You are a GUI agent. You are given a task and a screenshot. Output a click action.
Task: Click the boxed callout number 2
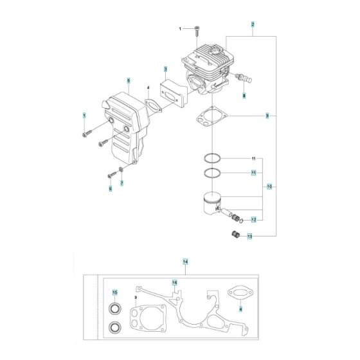(253, 24)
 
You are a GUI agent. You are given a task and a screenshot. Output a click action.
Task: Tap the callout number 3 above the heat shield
(165, 69)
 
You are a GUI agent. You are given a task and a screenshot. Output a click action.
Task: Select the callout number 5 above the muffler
(129, 81)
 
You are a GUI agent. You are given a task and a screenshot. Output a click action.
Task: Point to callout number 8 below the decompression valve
(244, 96)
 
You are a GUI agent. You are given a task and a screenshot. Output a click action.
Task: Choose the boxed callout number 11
(253, 173)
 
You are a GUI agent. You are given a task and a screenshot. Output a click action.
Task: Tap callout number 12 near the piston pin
(253, 220)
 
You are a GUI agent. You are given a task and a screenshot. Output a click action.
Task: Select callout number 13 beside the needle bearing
(249, 237)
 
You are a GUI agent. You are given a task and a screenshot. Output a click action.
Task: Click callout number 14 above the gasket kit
(185, 262)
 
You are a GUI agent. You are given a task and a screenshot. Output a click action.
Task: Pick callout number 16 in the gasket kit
(174, 283)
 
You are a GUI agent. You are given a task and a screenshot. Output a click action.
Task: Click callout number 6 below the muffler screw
(110, 188)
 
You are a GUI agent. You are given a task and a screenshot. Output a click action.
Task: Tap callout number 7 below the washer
(121, 183)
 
